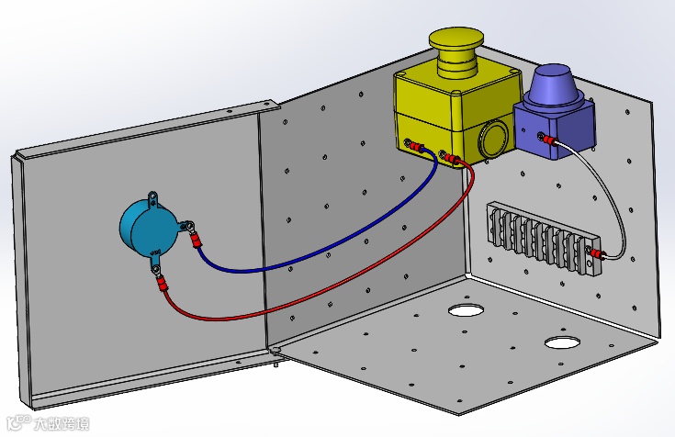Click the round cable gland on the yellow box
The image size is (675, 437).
click(x=494, y=138)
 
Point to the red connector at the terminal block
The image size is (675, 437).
click(x=597, y=252)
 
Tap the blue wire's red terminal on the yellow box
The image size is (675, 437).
click(x=418, y=148)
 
